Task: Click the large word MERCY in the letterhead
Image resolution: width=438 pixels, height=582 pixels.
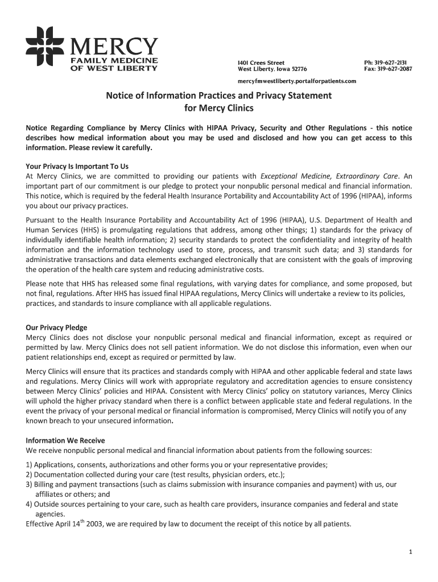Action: [x=114, y=45]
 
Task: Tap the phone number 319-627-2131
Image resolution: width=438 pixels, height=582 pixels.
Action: [x=392, y=62]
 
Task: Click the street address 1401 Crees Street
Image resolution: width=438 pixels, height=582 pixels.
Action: [x=261, y=62]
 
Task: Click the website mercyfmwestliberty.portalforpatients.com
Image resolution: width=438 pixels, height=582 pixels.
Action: [x=296, y=81]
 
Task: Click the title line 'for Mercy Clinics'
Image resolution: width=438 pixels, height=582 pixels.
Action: [x=218, y=108]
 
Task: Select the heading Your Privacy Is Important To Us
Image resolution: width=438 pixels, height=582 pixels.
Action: [x=77, y=167]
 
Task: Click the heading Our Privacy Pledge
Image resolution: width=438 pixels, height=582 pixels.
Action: [x=56, y=327]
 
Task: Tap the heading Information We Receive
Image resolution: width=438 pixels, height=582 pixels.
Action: [x=65, y=440]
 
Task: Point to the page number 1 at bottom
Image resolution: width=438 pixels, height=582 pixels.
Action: [x=410, y=552]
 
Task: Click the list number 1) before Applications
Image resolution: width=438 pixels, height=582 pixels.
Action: [x=29, y=465]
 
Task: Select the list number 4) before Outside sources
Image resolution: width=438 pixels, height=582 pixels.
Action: [x=29, y=504]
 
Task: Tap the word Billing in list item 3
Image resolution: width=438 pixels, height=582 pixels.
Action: [x=44, y=484]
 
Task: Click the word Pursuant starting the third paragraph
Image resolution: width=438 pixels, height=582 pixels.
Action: [x=43, y=220]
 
